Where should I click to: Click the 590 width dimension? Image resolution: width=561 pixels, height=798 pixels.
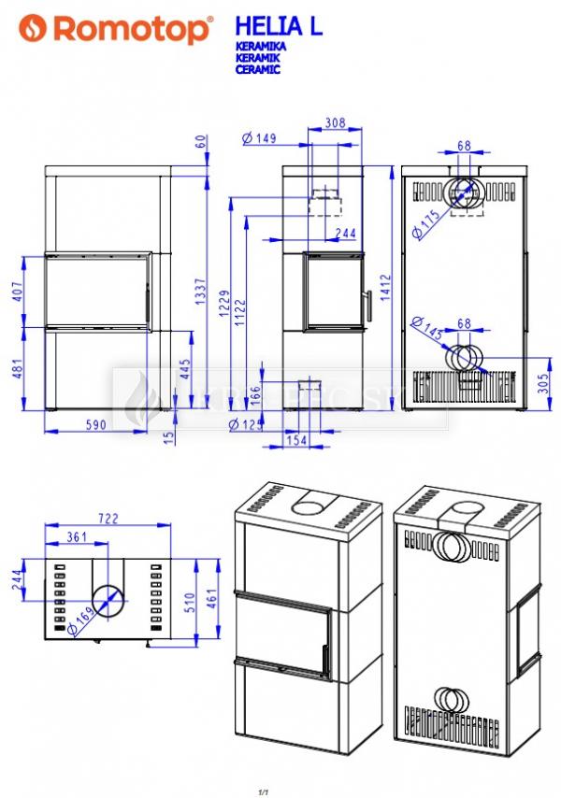[x=95, y=424]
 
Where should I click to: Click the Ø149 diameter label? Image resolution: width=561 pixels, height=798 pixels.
[x=258, y=139]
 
